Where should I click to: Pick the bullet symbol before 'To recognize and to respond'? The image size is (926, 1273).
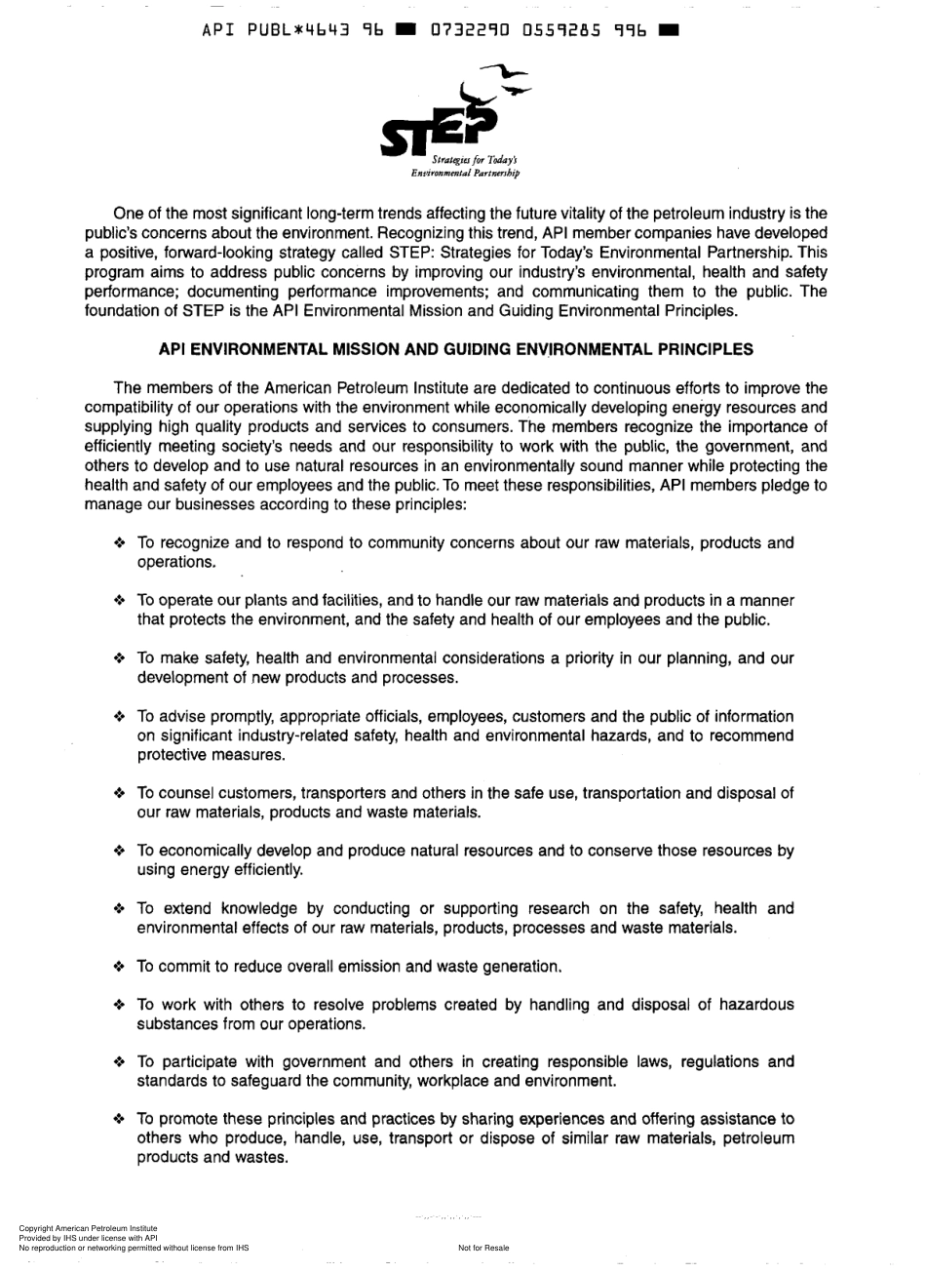click(120, 543)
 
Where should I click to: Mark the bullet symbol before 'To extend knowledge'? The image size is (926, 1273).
click(120, 909)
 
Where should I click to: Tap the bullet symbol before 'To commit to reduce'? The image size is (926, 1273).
click(120, 968)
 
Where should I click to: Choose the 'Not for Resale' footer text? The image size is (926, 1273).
click(483, 1248)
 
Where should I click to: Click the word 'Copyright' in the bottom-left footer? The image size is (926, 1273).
click(36, 1228)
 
